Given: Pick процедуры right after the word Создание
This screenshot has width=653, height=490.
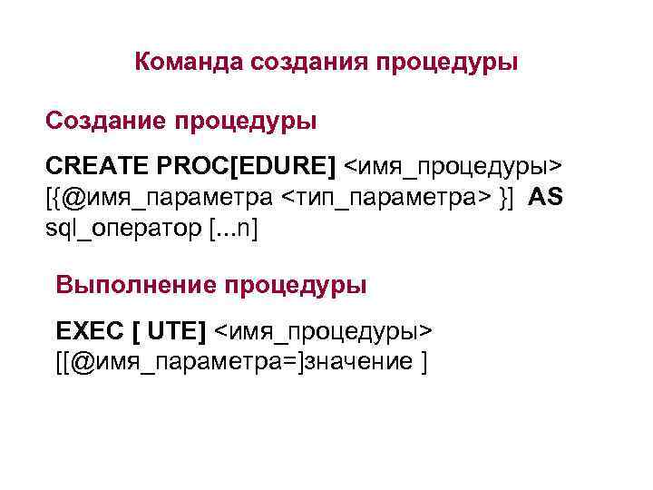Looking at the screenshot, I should point(245,122).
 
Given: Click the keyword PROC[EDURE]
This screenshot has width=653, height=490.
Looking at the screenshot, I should point(246,166).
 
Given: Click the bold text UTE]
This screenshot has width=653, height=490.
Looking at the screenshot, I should point(176,330).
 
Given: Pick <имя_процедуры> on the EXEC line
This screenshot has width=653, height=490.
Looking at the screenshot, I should point(323,331).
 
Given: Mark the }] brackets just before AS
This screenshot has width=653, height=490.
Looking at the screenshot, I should point(508,197).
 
